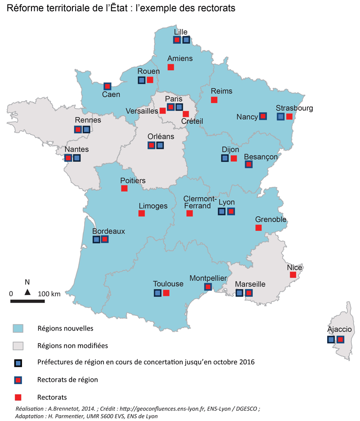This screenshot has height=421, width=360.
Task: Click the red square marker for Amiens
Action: click(x=171, y=67)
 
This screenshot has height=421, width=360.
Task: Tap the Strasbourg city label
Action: click(x=294, y=108)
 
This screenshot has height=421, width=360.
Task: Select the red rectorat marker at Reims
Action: click(x=214, y=99)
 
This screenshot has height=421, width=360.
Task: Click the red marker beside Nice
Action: click(x=293, y=275)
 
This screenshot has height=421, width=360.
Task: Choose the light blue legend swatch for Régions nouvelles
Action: click(x=18, y=328)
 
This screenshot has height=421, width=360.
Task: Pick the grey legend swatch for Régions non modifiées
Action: click(x=18, y=346)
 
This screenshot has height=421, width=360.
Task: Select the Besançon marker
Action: click(x=248, y=165)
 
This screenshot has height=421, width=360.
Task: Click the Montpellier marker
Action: click(x=208, y=287)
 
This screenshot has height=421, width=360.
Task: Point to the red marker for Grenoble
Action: click(x=258, y=228)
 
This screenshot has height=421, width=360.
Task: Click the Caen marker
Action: click(x=108, y=86)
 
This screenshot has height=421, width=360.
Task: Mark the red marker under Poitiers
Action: click(x=124, y=188)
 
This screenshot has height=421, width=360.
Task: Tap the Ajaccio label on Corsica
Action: click(x=339, y=330)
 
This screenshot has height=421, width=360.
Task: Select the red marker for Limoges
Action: click(x=141, y=214)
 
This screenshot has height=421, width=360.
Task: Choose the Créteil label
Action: click(x=192, y=121)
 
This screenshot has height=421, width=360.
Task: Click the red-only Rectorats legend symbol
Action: click(x=18, y=397)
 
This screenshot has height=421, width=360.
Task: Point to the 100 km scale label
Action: click(x=49, y=294)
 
